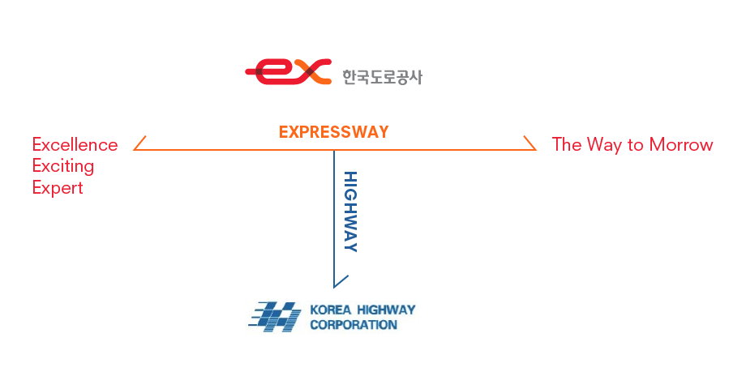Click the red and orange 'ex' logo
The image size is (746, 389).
click(x=289, y=71)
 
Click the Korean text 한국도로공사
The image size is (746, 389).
click(x=382, y=77)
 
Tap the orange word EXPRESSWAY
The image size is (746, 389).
click(x=334, y=131)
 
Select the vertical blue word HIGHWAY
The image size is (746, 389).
click(x=349, y=212)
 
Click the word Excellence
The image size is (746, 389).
click(x=75, y=144)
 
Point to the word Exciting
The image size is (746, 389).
click(x=63, y=166)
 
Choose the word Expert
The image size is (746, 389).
click(x=58, y=188)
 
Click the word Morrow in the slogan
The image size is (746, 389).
click(x=680, y=144)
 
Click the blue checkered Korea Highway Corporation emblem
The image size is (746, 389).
click(x=275, y=317)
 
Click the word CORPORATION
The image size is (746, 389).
click(x=354, y=325)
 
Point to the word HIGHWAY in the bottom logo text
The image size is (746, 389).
click(x=386, y=310)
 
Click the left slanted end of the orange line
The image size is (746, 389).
click(x=139, y=143)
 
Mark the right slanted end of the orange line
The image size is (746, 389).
click(x=529, y=143)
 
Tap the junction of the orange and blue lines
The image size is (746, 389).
click(x=334, y=150)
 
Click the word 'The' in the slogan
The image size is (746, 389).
click(x=566, y=144)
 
